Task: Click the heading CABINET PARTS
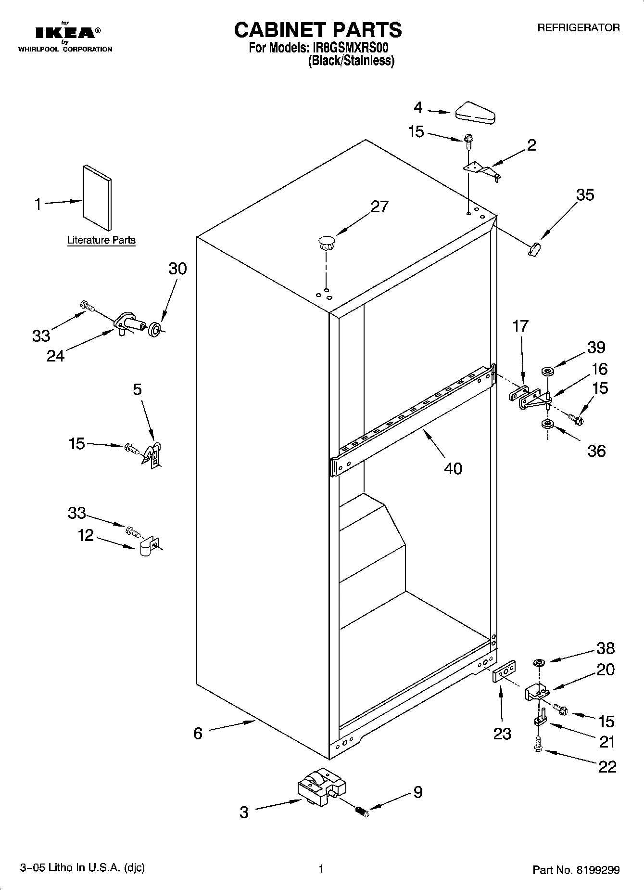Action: pyautogui.click(x=317, y=30)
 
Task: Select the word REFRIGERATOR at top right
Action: pyautogui.click(x=578, y=28)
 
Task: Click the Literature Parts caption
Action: pyautogui.click(x=101, y=240)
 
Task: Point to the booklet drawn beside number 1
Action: pyautogui.click(x=97, y=197)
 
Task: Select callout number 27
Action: pyautogui.click(x=379, y=206)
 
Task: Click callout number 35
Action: pyautogui.click(x=585, y=195)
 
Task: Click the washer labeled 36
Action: pyautogui.click(x=547, y=424)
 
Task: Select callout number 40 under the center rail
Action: pyautogui.click(x=453, y=468)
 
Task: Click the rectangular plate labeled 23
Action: pyautogui.click(x=505, y=671)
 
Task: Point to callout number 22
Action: pyautogui.click(x=607, y=766)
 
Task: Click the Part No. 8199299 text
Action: pyautogui.click(x=576, y=870)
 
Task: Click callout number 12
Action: pyautogui.click(x=86, y=535)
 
